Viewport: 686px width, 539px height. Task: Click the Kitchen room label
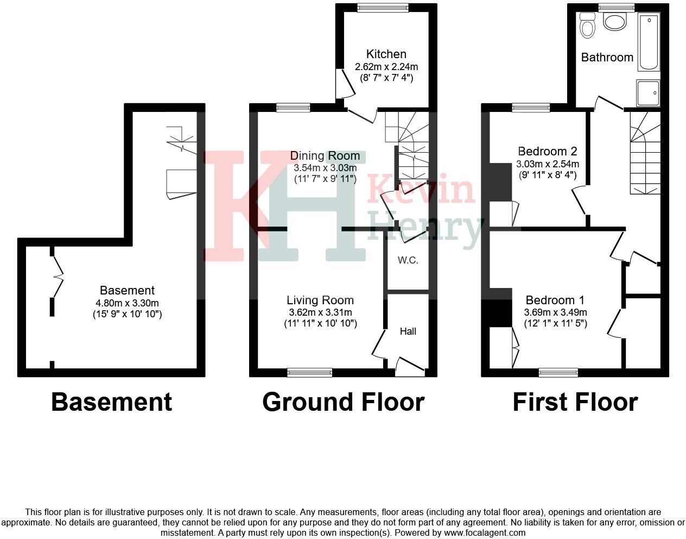tap(386, 54)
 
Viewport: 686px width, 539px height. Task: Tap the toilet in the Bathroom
tap(587, 25)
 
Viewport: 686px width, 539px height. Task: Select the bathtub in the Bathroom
tap(649, 42)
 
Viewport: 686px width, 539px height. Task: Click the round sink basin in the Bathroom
tap(615, 22)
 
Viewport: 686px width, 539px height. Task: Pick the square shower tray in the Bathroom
tap(648, 93)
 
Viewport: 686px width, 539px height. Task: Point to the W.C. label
tap(408, 260)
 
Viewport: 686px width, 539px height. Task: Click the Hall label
tap(408, 331)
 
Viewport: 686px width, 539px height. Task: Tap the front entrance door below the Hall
tap(410, 368)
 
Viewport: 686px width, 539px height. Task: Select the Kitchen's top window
tap(383, 8)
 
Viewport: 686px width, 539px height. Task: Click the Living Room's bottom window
tap(309, 372)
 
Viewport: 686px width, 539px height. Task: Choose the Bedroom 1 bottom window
tap(558, 372)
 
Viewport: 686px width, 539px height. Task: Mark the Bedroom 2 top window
tap(531, 108)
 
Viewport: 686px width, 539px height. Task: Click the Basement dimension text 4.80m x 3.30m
tap(127, 303)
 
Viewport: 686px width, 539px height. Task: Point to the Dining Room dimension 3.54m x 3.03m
tap(325, 168)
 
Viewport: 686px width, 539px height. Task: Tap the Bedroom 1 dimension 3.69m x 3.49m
tap(555, 312)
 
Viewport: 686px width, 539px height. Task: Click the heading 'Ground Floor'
tap(343, 403)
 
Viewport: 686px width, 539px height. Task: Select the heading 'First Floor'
tap(575, 403)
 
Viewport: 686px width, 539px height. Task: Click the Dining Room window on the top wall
tap(293, 108)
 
